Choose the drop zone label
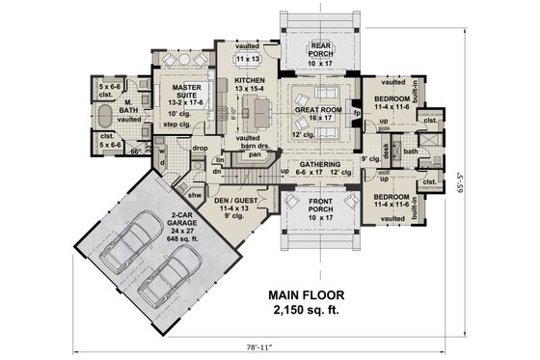coord(200,148)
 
